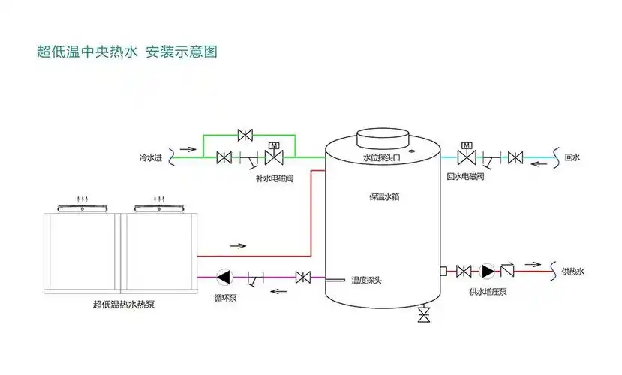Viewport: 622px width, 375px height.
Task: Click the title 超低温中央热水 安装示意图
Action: [127, 52]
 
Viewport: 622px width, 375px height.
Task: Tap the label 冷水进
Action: [151, 158]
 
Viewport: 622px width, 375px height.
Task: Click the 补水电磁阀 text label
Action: [275, 179]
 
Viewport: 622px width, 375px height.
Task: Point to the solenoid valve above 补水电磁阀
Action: [275, 156]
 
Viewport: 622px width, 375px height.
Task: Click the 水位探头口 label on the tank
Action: [381, 159]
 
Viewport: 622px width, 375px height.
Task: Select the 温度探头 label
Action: [368, 280]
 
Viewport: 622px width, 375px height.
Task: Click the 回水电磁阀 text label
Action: [466, 178]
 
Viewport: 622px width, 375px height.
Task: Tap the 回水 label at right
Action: [572, 157]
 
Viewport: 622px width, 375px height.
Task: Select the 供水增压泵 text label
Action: [488, 291]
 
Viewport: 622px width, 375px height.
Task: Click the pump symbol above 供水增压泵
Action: [488, 271]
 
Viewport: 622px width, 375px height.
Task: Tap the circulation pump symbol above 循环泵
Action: [224, 277]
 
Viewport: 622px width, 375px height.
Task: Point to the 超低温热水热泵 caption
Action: [124, 304]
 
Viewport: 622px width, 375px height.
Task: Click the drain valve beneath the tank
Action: [425, 314]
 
